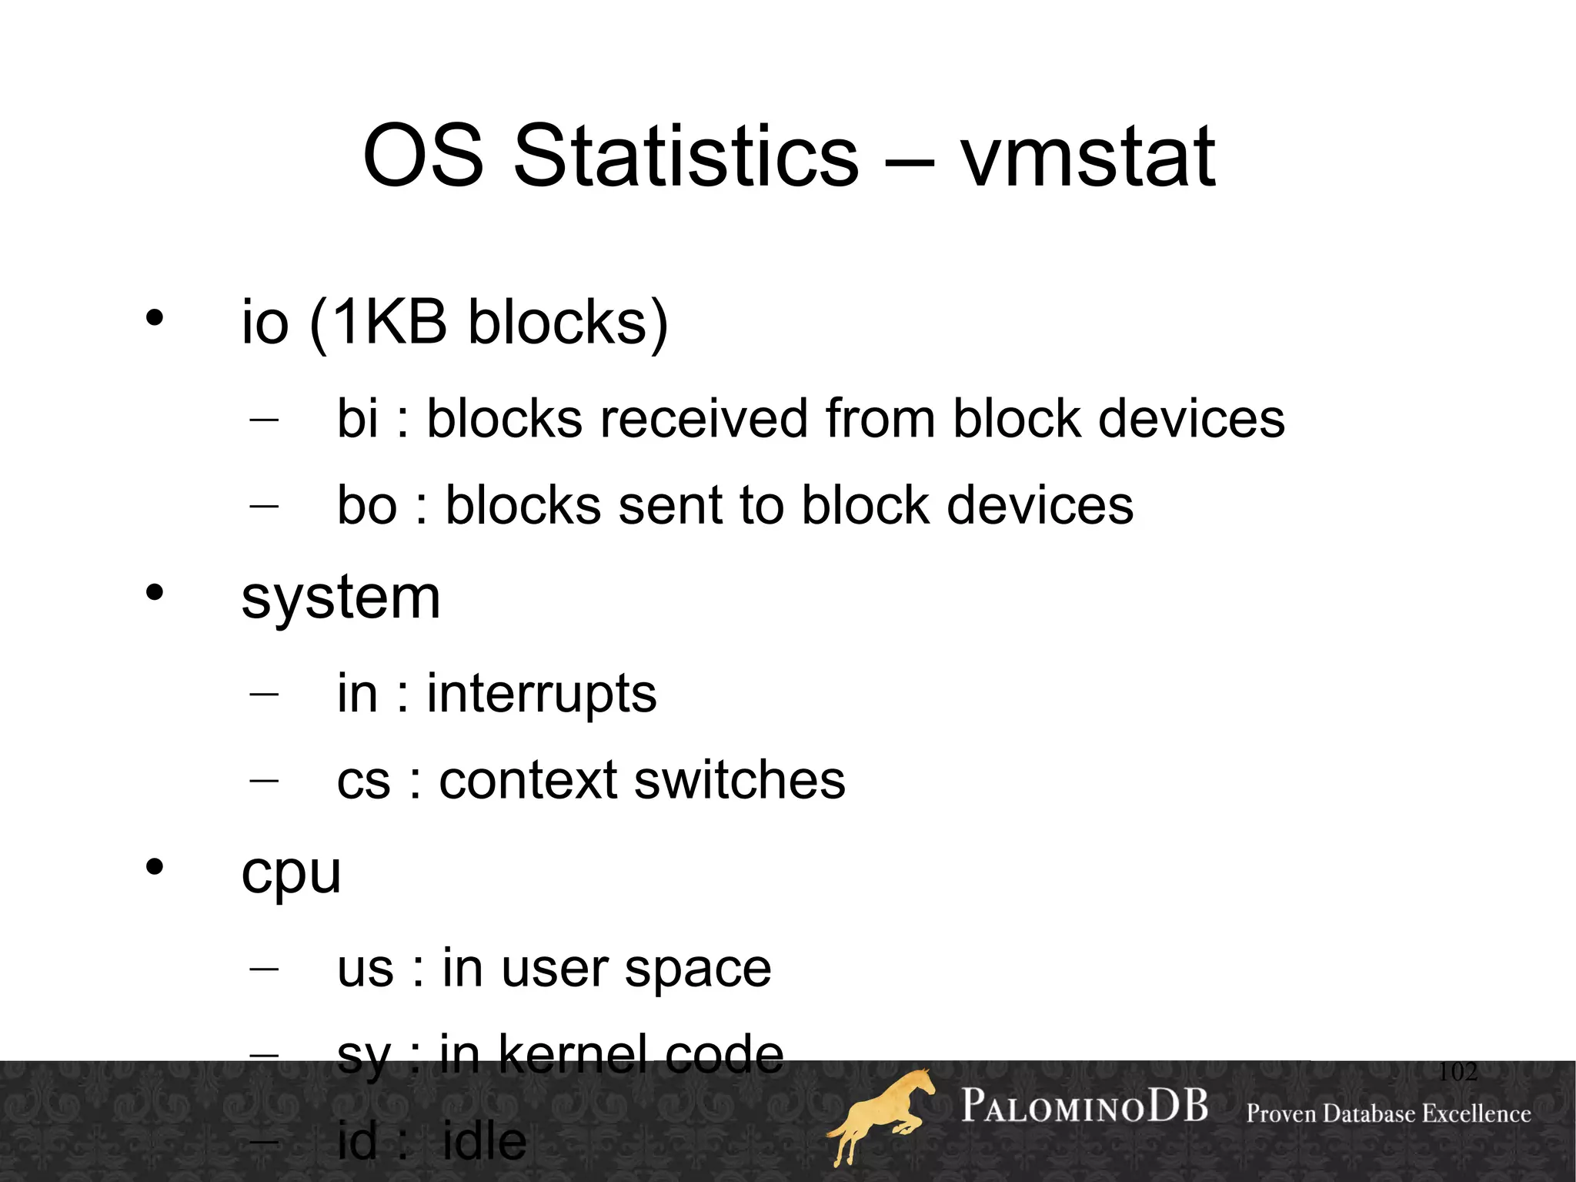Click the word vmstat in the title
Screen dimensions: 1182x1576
tap(1087, 158)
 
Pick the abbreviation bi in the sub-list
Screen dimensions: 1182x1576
tap(358, 419)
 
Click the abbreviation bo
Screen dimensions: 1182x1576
tap(367, 505)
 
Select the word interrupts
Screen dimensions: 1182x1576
tap(542, 693)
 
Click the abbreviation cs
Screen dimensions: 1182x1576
tap(363, 780)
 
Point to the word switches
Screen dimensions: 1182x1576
tap(740, 780)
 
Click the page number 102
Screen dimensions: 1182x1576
tap(1457, 1071)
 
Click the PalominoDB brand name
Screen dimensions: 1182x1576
tap(1084, 1107)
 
